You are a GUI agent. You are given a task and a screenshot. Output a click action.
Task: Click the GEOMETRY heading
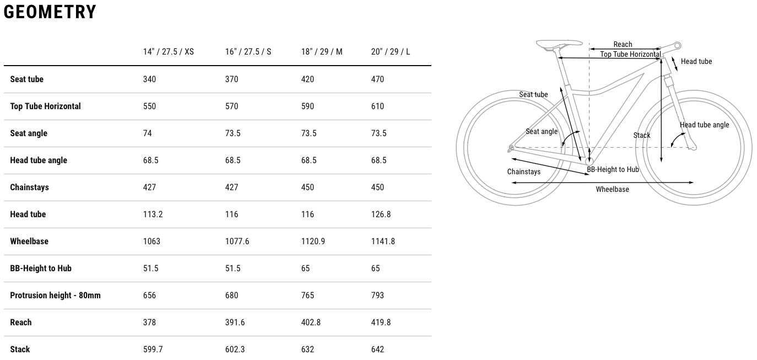(x=50, y=12)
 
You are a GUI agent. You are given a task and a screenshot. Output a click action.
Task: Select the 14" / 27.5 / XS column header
(x=168, y=52)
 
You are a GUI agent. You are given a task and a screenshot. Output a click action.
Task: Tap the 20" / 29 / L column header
(x=390, y=52)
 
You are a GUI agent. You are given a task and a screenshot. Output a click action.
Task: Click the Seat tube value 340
(x=149, y=79)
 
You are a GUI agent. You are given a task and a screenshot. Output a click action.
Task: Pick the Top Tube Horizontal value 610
(x=377, y=106)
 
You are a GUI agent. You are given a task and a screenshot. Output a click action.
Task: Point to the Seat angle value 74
(x=147, y=133)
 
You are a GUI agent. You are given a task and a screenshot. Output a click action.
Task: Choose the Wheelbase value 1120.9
(x=313, y=241)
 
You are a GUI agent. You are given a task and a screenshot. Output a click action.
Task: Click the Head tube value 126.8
(x=381, y=214)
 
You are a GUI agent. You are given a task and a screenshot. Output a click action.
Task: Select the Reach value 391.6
(x=235, y=323)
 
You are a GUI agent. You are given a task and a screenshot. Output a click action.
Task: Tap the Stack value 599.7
(x=153, y=350)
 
